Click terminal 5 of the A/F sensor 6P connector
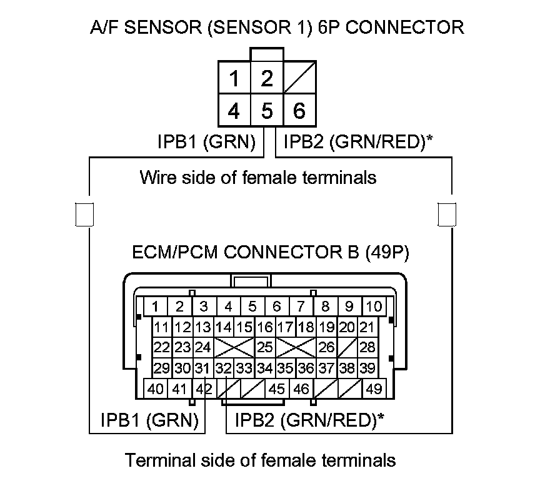267,111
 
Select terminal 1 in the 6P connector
234,79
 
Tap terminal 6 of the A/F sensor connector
299,111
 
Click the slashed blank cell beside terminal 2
299,79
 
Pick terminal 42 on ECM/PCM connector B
203,389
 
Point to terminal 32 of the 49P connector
223,368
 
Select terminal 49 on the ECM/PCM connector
374,389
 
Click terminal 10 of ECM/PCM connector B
374,307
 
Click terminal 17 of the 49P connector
285,327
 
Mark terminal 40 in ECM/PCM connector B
156,389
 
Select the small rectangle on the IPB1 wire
84,214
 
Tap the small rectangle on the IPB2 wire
446,214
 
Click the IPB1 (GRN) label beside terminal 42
149,420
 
